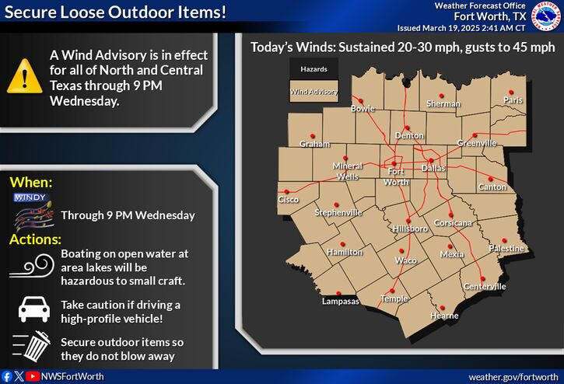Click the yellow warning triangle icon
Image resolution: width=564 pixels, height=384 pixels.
click(25, 76)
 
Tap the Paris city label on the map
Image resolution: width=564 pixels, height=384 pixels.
click(513, 100)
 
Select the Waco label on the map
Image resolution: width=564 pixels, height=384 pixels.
click(406, 260)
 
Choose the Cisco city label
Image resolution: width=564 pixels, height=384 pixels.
click(289, 200)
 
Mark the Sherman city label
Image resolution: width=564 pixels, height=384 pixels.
click(443, 103)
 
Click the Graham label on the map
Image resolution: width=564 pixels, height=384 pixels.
click(315, 144)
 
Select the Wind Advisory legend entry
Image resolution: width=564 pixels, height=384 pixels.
click(314, 93)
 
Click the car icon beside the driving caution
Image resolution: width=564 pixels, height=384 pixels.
click(33, 309)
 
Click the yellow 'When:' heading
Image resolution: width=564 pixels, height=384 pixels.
click(31, 183)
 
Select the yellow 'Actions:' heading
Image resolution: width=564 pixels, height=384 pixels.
click(35, 239)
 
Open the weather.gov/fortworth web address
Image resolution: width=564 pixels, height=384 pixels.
click(512, 376)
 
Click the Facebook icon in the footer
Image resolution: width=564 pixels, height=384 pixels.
click(8, 376)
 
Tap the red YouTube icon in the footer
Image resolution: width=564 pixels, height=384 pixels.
click(32, 376)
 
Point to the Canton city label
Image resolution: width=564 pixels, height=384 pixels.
click(492, 187)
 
